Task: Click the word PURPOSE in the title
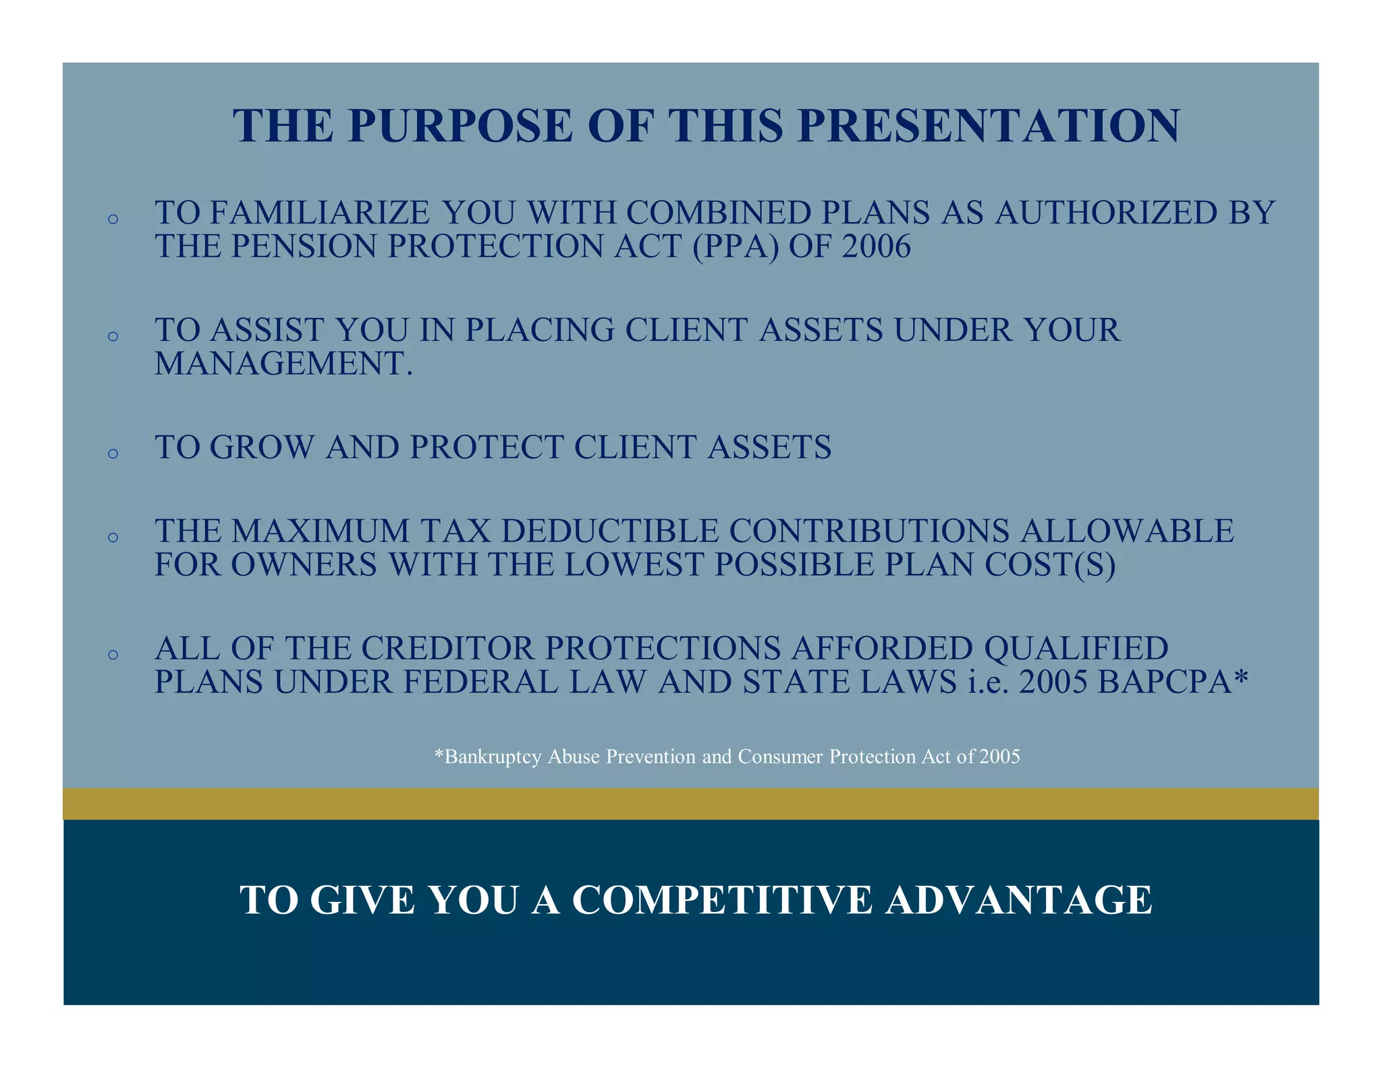[460, 126]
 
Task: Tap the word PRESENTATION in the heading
[989, 126]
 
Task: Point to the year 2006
[876, 246]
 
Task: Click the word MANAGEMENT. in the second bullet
[283, 364]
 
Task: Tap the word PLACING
[539, 331]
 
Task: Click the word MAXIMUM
[321, 531]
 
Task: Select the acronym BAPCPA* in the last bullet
[1173, 683]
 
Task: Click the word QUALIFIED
[1076, 649]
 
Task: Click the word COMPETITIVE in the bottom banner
[722, 901]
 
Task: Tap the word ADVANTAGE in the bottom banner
[1019, 901]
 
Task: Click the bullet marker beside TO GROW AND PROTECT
[113, 454]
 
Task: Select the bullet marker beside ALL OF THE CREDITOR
[113, 655]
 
